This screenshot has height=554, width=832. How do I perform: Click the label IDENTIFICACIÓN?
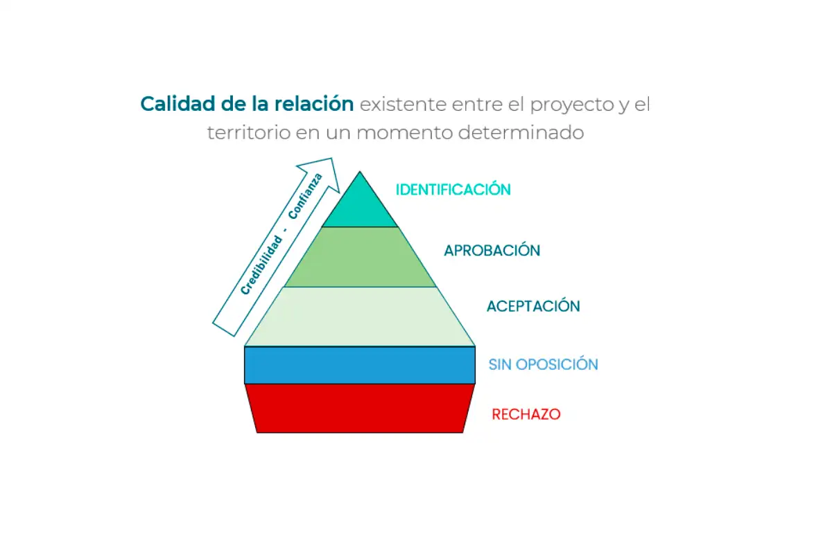click(453, 190)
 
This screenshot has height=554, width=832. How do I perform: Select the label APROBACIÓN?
click(492, 251)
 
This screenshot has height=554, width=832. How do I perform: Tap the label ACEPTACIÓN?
click(533, 306)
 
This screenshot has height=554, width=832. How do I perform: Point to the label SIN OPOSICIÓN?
click(543, 364)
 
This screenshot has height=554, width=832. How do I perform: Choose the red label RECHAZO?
click(526, 415)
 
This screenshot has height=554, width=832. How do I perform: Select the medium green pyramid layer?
click(360, 257)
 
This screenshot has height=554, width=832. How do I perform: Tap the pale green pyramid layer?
click(360, 316)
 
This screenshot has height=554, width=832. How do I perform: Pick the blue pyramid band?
click(360, 365)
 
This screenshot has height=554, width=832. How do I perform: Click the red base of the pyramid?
click(360, 409)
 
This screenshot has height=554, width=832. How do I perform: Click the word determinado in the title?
click(521, 133)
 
